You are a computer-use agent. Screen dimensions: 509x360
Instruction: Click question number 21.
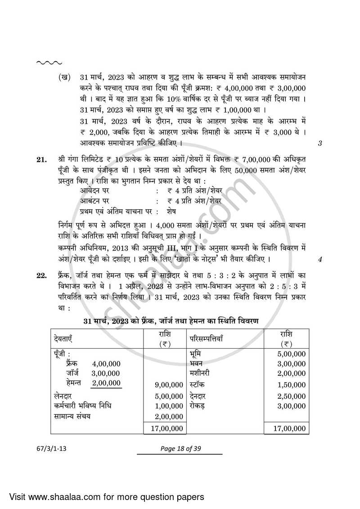(x=41, y=160)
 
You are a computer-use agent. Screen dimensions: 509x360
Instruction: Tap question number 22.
(x=41, y=275)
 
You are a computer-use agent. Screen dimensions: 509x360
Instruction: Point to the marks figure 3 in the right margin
(x=320, y=144)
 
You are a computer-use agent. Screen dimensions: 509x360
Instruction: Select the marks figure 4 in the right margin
(x=320, y=259)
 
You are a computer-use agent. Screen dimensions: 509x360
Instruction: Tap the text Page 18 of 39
(x=180, y=446)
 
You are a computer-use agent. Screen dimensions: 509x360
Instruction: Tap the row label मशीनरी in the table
(x=200, y=373)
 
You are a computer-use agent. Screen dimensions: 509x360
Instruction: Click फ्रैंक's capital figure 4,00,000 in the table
(x=106, y=364)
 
